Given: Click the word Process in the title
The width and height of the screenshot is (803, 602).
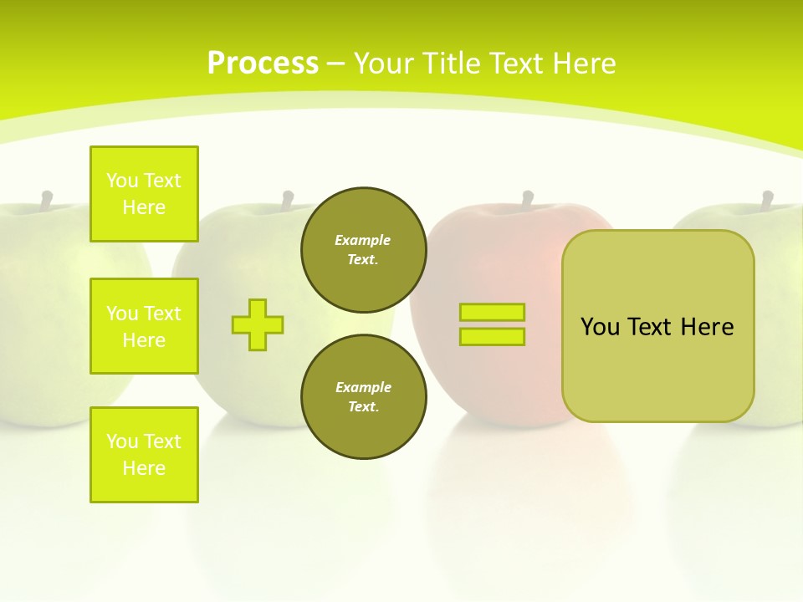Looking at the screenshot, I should [x=263, y=64].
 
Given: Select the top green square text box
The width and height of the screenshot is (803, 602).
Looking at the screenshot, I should [x=144, y=194].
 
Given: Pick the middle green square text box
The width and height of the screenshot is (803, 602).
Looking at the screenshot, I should [x=144, y=326].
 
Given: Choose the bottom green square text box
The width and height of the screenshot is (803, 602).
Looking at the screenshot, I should [x=144, y=455].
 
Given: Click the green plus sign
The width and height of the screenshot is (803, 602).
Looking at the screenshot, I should [x=258, y=324].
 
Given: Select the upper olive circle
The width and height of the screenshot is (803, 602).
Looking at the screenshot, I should [x=364, y=250].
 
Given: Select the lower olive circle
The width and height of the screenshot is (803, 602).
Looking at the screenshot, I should [x=364, y=397].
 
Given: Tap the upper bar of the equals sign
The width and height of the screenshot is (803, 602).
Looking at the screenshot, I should [x=493, y=313].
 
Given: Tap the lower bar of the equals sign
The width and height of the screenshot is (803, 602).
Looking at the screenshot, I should [x=493, y=337].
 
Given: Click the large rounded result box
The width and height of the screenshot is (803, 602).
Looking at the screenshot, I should [x=658, y=326].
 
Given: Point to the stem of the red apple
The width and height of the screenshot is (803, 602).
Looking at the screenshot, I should [x=528, y=200].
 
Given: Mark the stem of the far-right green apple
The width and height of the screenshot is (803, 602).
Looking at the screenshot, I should [x=767, y=200].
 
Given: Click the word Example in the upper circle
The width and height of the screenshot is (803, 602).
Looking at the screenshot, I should [x=363, y=240].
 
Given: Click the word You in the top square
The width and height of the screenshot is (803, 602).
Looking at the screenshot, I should [x=121, y=181].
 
